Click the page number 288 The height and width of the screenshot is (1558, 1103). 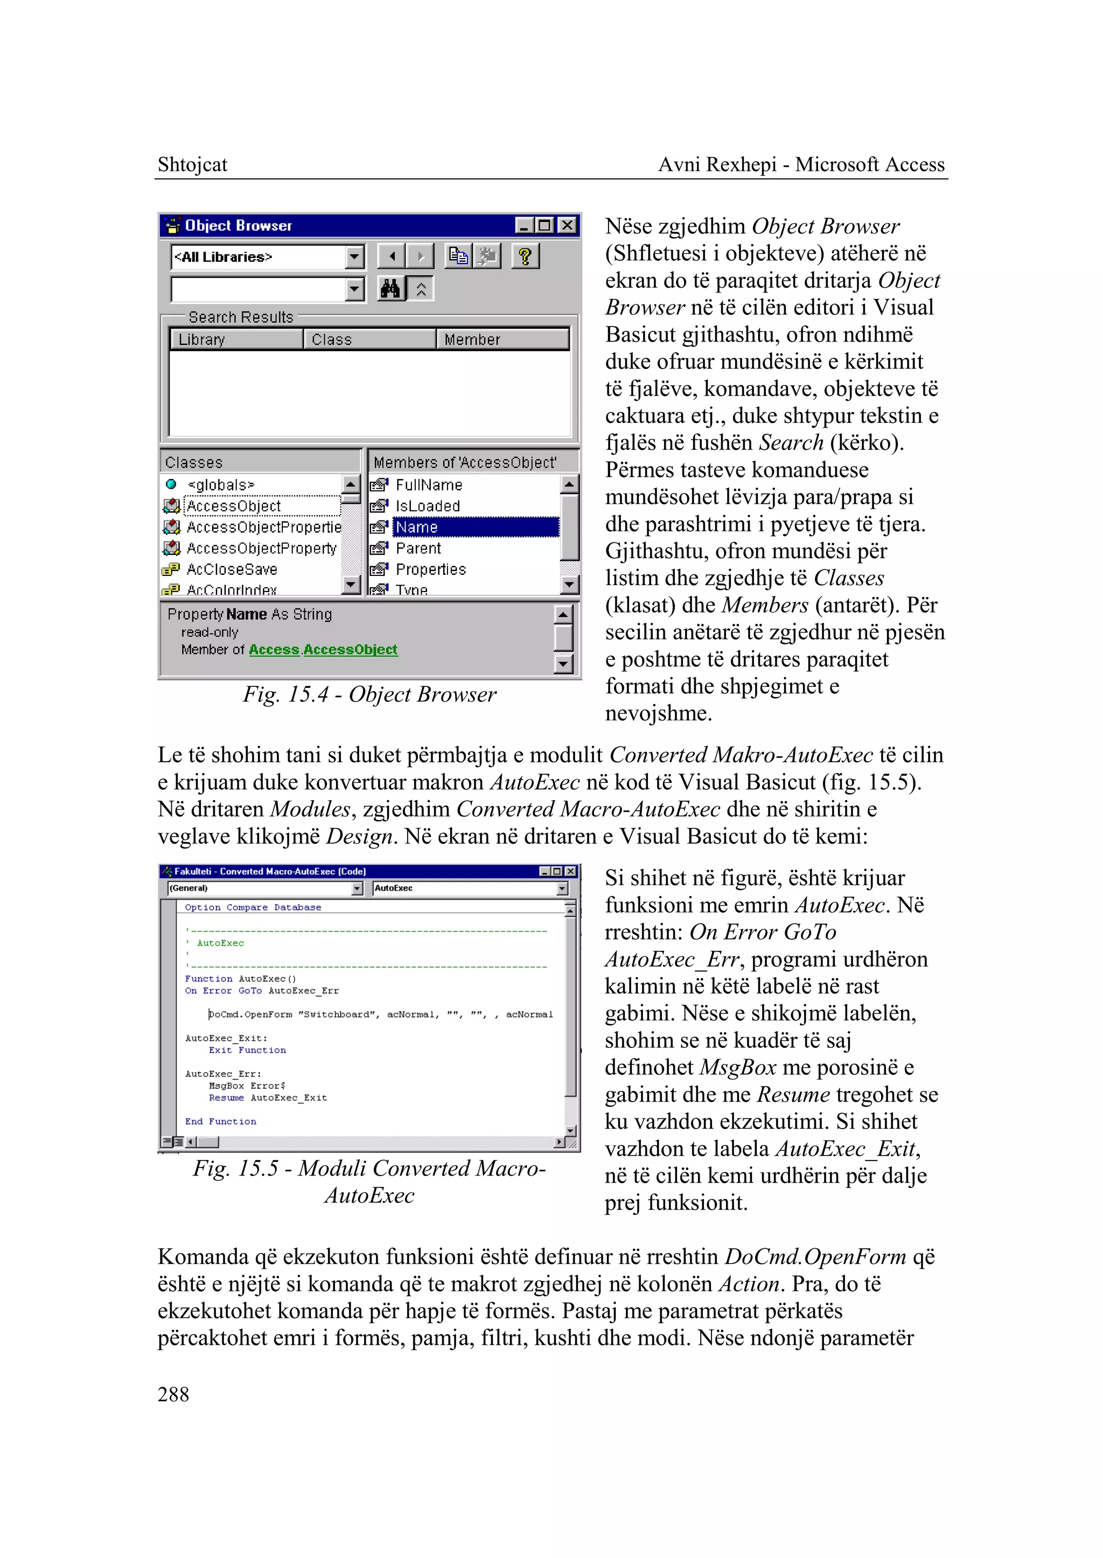pos(173,1394)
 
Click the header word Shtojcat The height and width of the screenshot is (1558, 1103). pos(192,164)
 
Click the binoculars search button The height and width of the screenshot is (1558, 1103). pos(390,289)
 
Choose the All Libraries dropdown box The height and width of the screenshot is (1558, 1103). pos(267,257)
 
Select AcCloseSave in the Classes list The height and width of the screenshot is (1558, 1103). pos(232,569)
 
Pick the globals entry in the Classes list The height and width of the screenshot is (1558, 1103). pos(221,484)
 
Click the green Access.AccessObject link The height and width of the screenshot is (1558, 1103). pos(323,650)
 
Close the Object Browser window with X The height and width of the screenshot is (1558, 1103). pos(567,225)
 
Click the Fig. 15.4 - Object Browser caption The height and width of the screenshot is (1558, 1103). pos(369,694)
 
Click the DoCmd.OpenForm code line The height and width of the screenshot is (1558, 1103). pos(380,1014)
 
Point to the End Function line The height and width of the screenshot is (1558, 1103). pos(221,1121)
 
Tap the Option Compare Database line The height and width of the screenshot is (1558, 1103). pos(253,907)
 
